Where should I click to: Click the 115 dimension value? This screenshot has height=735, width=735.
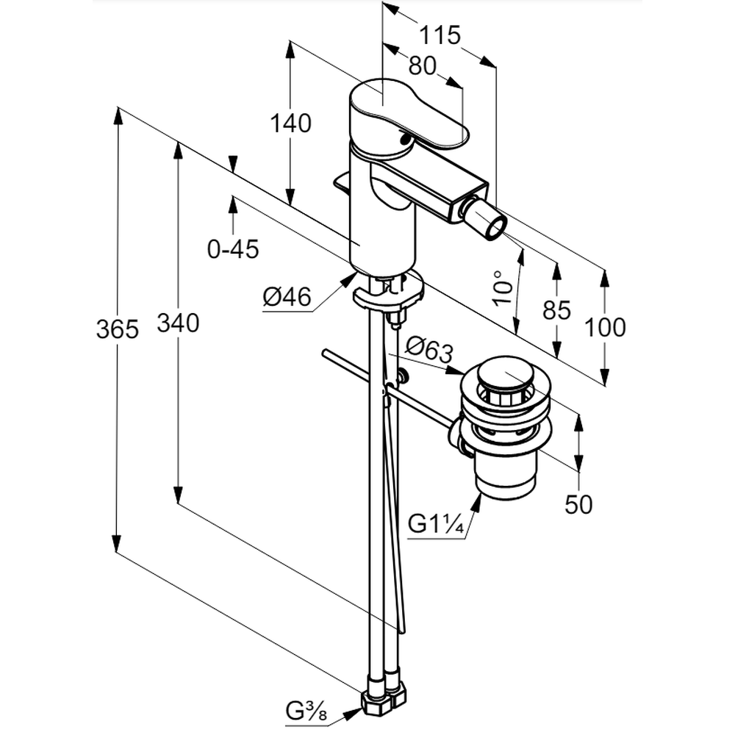[440, 35]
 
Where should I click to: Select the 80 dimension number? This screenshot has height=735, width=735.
[422, 66]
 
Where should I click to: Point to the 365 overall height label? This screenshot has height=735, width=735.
[118, 329]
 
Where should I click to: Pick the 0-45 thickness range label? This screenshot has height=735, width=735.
[233, 250]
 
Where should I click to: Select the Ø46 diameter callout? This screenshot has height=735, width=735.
[287, 297]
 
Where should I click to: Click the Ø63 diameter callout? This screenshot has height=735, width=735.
[429, 347]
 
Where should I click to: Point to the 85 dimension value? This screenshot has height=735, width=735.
[556, 310]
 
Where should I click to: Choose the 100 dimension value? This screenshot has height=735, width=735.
[605, 327]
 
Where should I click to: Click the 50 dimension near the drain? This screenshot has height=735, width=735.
[578, 505]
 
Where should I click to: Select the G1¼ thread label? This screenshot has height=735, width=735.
[436, 524]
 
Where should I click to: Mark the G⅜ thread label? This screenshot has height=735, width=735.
[306, 711]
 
